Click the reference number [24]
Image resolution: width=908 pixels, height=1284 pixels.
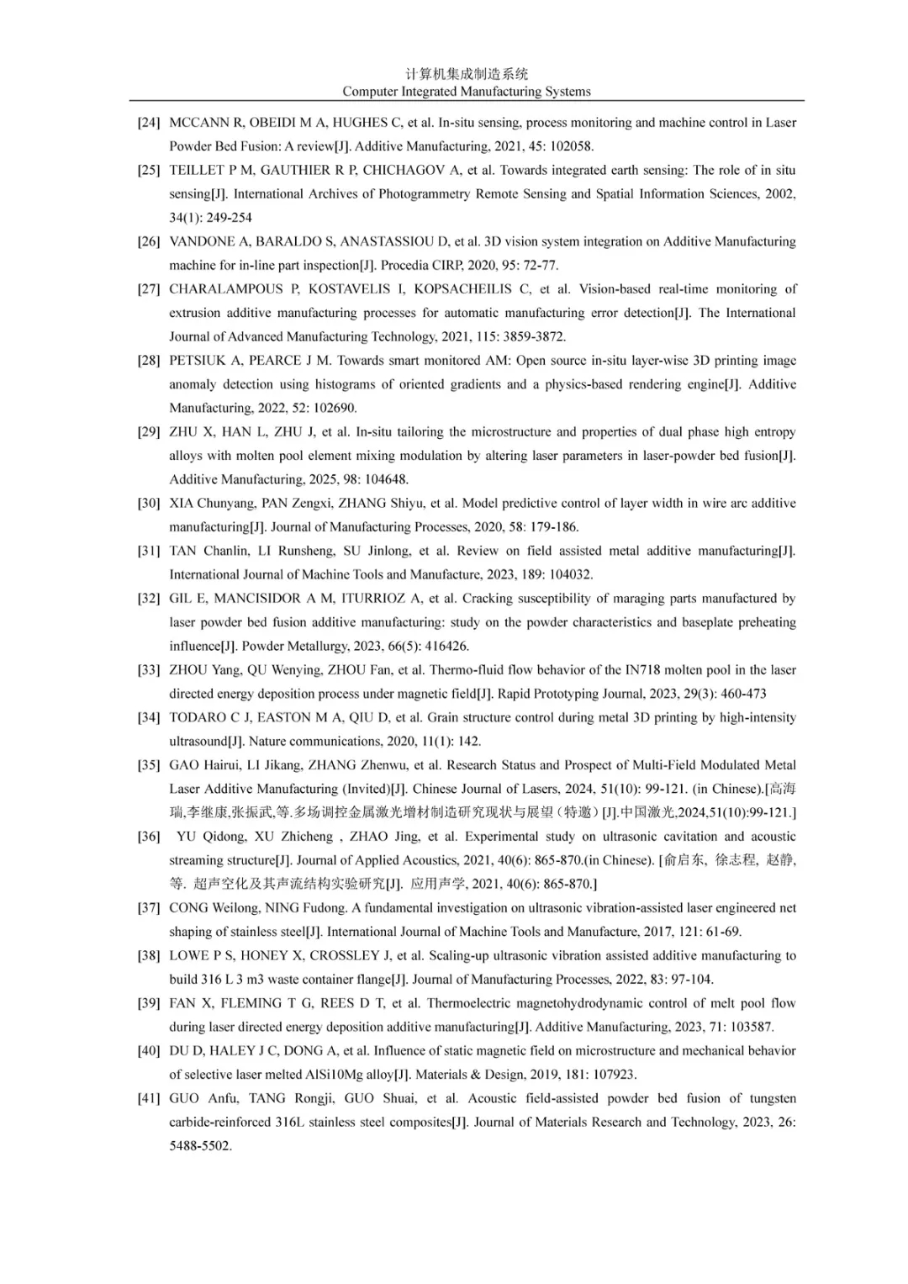pos(149,123)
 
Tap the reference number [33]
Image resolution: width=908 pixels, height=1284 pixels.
pos(149,670)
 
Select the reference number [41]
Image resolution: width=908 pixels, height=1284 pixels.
pos(149,1098)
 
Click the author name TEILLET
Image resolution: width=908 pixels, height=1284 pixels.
pos(197,170)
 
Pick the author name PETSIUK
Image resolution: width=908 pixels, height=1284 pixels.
pos(199,361)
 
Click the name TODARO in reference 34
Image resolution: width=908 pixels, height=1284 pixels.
pos(200,718)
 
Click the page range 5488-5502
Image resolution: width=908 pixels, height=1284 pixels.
pos(200,1146)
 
